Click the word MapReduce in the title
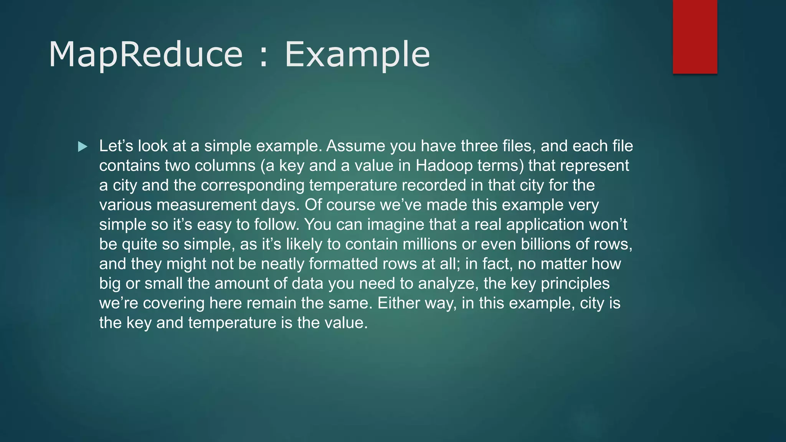(x=145, y=54)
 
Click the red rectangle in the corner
(x=695, y=36)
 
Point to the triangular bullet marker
(x=83, y=147)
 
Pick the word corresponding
(x=253, y=185)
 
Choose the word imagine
(x=395, y=224)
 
